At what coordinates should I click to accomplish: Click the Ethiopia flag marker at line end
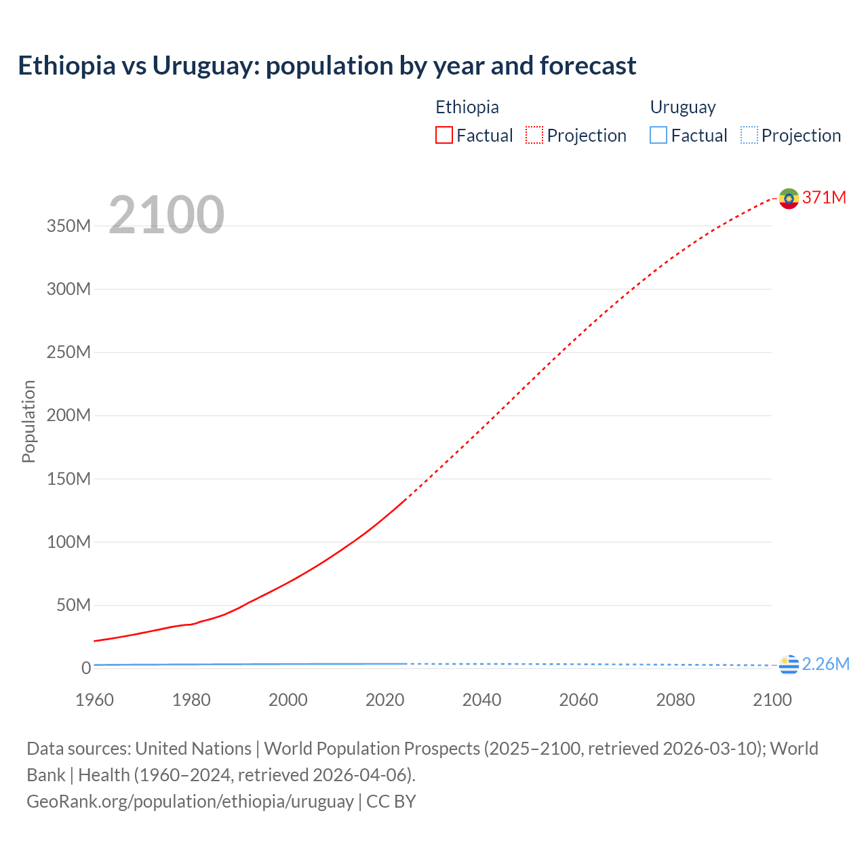(789, 198)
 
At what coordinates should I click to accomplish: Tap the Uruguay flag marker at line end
(789, 665)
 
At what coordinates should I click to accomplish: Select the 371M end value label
(824, 197)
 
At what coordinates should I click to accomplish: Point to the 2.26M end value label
(825, 664)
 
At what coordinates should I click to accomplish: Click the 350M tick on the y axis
(68, 226)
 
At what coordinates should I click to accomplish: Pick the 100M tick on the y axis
(68, 542)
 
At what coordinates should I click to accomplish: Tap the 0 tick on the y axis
(86, 668)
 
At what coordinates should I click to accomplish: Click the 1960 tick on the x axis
(94, 700)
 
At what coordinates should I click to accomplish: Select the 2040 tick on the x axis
(481, 700)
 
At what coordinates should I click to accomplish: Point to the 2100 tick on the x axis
(772, 700)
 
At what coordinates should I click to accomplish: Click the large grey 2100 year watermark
(166, 215)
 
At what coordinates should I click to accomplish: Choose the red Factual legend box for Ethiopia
(443, 135)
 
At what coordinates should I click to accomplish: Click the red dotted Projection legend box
(534, 135)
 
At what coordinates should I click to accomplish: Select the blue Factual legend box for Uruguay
(658, 135)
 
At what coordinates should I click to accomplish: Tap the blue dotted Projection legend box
(749, 135)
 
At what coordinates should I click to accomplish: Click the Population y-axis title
(28, 421)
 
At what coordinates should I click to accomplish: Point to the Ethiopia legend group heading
(467, 107)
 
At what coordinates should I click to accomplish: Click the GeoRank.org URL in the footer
(190, 802)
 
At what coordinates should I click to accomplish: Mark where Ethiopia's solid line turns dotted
(406, 499)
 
